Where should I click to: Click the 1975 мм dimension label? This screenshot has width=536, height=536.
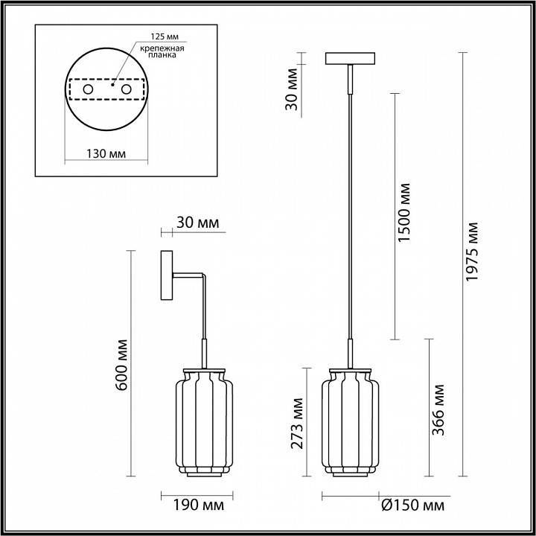coord(472,252)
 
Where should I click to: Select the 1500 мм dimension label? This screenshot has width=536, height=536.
coord(404,213)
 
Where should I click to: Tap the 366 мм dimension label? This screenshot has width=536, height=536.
coord(438,410)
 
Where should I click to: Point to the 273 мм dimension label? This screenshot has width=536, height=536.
coord(297,423)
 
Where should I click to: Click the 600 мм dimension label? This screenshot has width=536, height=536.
coord(121,365)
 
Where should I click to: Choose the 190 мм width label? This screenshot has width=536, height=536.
coord(198,505)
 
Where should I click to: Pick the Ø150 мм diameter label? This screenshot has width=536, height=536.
coord(412,505)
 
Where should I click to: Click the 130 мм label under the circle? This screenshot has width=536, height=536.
coord(106,154)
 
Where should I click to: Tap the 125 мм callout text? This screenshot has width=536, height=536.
coord(165,36)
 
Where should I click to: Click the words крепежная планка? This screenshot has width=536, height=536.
coord(163,51)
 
